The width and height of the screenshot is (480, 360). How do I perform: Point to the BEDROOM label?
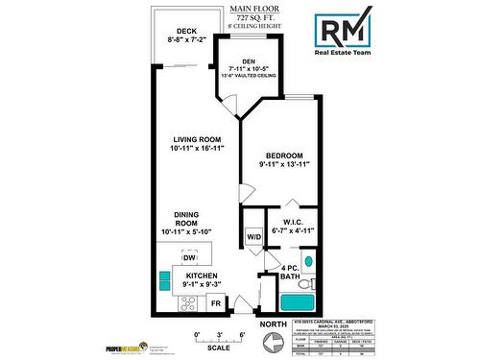284,156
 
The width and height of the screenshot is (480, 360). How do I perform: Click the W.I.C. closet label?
294,219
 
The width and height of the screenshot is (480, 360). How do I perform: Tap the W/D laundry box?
254,236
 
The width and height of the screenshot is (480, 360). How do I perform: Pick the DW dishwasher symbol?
190,258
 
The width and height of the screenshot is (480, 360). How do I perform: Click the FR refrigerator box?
215,303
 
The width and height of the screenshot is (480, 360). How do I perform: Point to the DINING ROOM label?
187,219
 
